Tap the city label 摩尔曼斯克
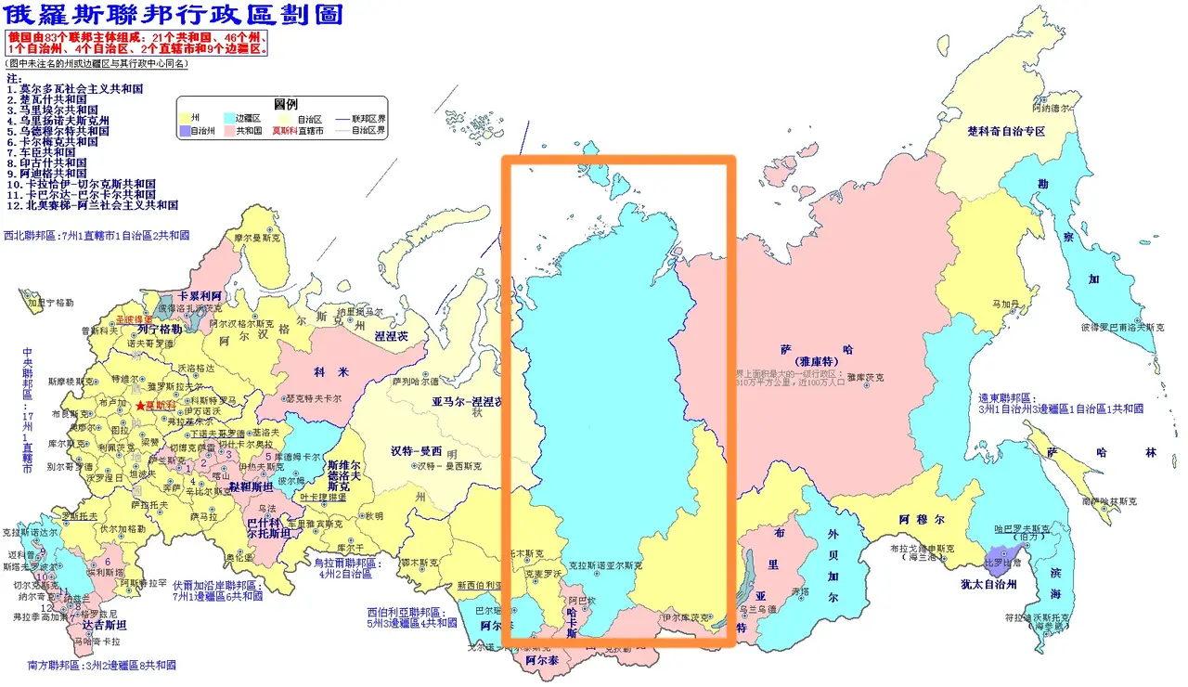254,238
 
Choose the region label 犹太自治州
988,584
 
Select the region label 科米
331,372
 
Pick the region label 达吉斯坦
104,626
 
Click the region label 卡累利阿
199,295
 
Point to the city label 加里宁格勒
48,303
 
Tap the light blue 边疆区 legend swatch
229,119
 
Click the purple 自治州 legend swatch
183,132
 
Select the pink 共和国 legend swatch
229,132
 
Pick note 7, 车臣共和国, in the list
47,152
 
